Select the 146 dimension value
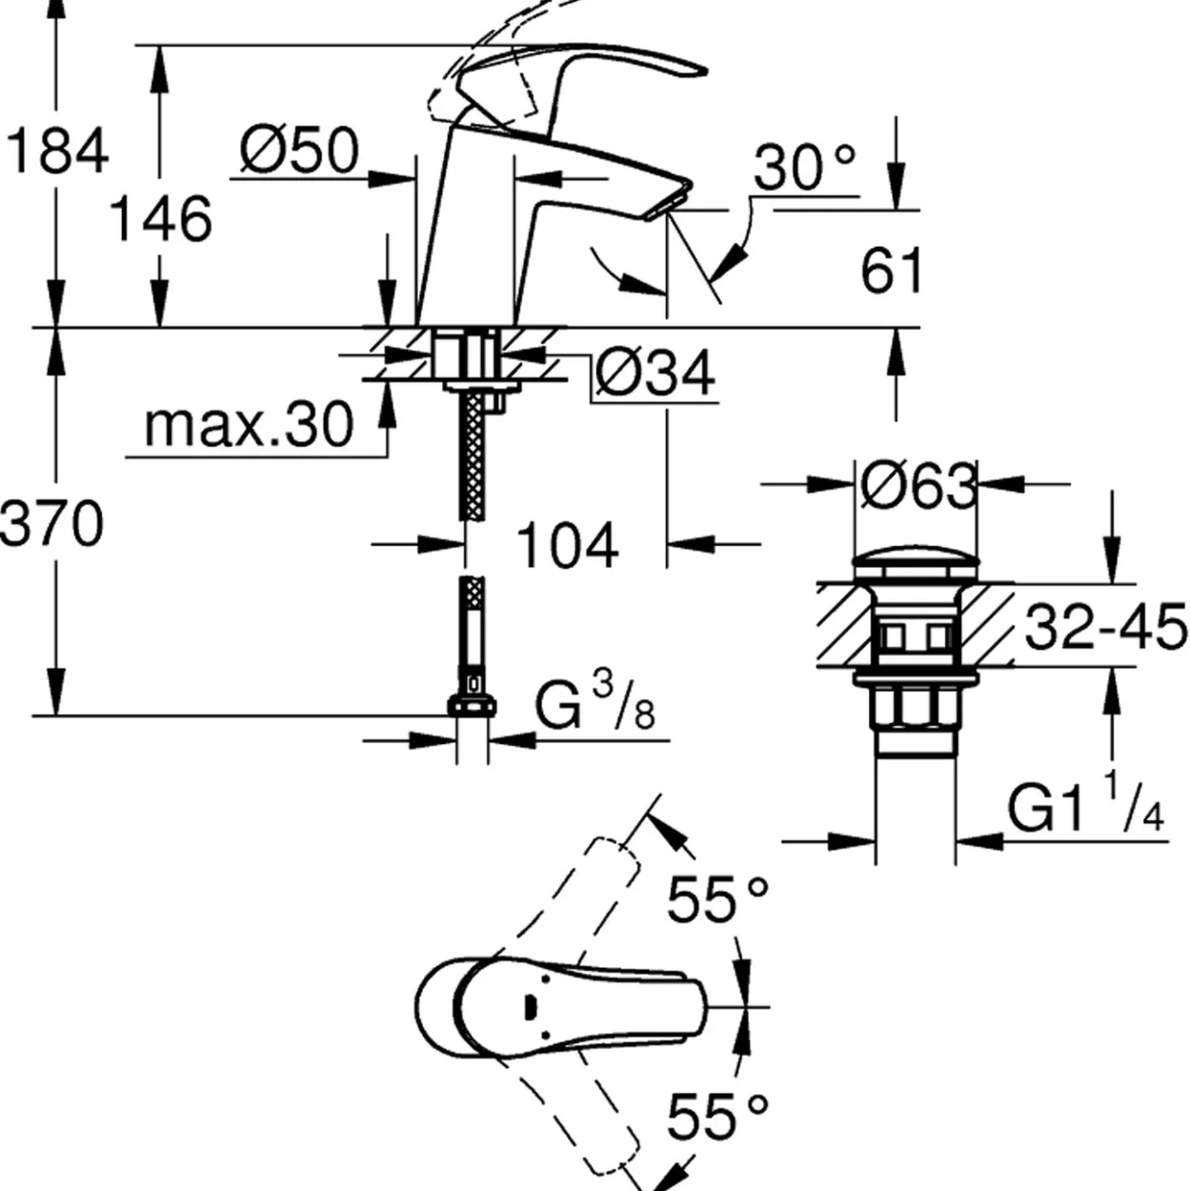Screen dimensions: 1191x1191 click(161, 219)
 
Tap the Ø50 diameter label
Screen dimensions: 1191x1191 click(299, 151)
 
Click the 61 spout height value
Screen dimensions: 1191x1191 click(891, 270)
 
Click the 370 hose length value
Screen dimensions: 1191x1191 click(51, 523)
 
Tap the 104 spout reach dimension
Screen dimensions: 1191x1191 click(567, 545)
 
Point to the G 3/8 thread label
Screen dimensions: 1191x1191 click(594, 702)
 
